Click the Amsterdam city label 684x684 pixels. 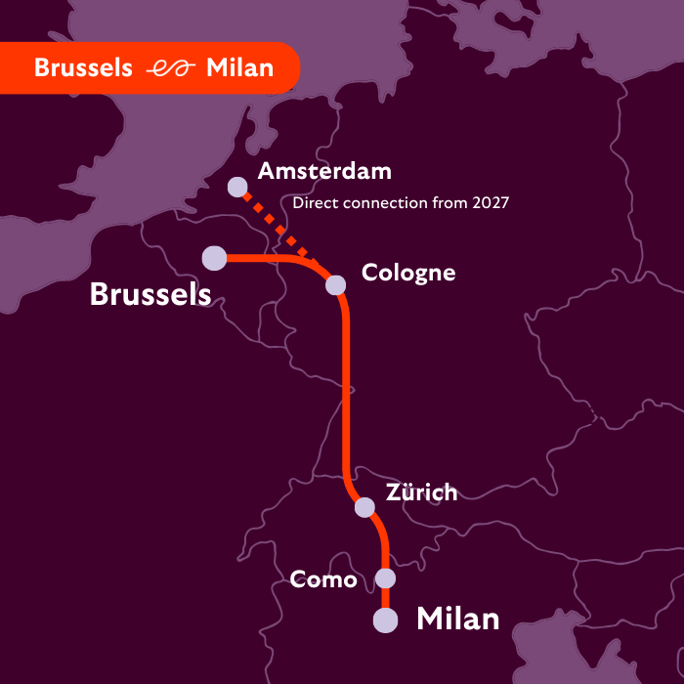pos(323,171)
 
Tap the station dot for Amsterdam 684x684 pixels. pos(237,186)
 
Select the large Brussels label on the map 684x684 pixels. pos(150,294)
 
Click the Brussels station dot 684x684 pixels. pos(214,258)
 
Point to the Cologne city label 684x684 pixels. pos(408,273)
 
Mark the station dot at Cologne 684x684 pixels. pos(335,284)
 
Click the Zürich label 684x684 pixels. pos(421,492)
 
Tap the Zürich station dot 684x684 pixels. pos(364,507)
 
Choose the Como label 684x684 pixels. pos(323,579)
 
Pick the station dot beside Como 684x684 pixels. pos(386,578)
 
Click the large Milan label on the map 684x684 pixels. pos(458,619)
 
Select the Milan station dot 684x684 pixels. pos(386,620)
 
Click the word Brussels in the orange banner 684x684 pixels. pos(83,67)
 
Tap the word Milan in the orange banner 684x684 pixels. pos(240,67)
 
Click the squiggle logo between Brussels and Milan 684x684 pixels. pos(169,68)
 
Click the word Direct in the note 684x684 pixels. pos(314,203)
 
